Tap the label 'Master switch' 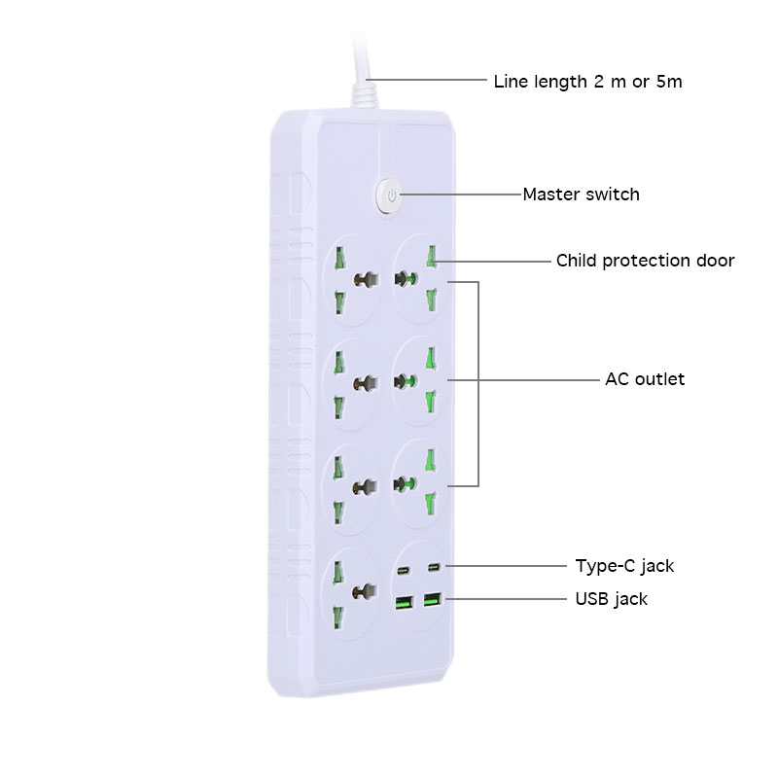(581, 194)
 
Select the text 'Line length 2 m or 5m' (587, 82)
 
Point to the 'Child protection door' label (645, 261)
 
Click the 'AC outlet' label (645, 379)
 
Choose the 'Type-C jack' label (624, 566)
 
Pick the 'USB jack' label (611, 598)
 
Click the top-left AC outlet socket (350, 279)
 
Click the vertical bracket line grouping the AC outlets (478, 383)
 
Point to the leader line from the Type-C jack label (506, 566)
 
